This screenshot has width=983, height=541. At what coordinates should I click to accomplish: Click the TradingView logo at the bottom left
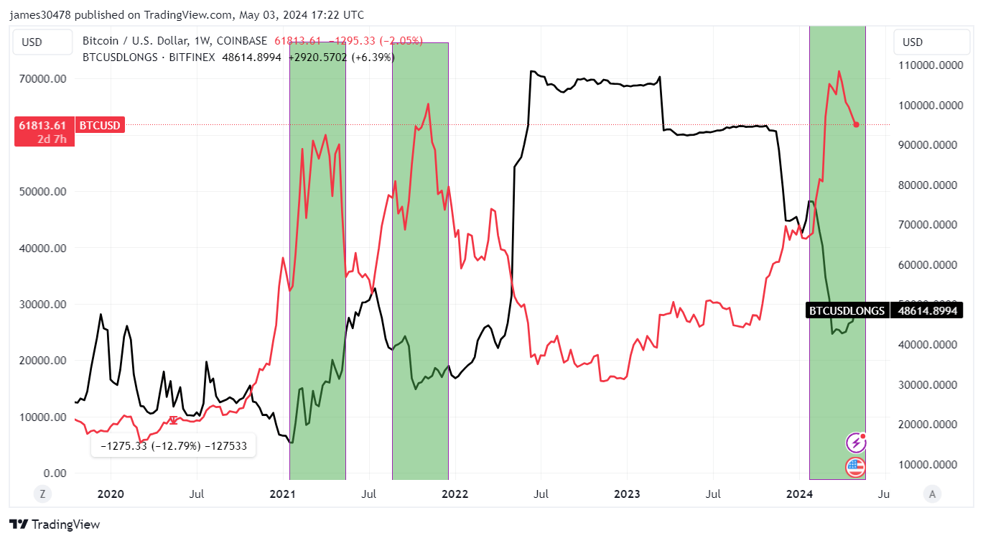[x=55, y=524]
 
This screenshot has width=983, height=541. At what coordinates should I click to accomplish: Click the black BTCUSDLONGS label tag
[x=846, y=310]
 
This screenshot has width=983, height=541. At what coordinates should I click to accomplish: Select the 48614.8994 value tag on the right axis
[x=926, y=310]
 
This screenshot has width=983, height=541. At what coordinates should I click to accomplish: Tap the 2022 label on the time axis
[x=455, y=494]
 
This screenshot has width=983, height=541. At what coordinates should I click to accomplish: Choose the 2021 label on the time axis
[x=282, y=494]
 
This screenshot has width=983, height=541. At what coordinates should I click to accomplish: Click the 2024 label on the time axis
[x=799, y=494]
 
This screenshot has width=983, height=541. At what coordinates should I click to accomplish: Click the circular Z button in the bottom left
[x=43, y=494]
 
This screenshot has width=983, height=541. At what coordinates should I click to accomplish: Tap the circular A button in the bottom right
[x=932, y=494]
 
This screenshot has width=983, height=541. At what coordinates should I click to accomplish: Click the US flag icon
[x=854, y=467]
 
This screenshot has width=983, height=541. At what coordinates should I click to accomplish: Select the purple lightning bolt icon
[x=854, y=443]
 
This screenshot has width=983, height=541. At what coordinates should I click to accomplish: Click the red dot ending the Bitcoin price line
[x=856, y=124]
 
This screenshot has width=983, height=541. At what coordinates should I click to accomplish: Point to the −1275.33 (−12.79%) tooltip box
[x=173, y=445]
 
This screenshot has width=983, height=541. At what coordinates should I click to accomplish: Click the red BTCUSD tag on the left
[x=100, y=126]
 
